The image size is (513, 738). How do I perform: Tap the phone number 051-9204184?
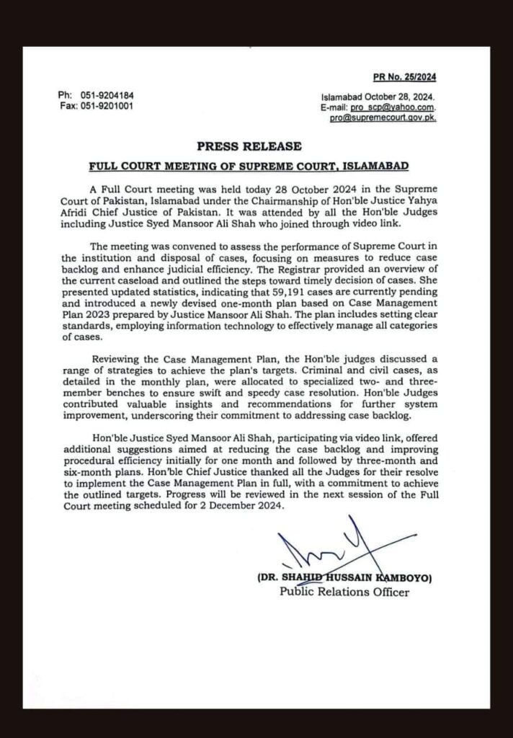coord(107,96)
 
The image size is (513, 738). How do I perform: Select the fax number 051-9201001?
coord(107,106)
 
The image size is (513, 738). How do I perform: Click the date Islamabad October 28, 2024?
coord(378,97)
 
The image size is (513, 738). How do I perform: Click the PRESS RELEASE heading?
coord(249,146)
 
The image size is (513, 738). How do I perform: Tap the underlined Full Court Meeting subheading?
coord(249,166)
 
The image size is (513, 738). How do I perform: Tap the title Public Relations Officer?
coord(344,592)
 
